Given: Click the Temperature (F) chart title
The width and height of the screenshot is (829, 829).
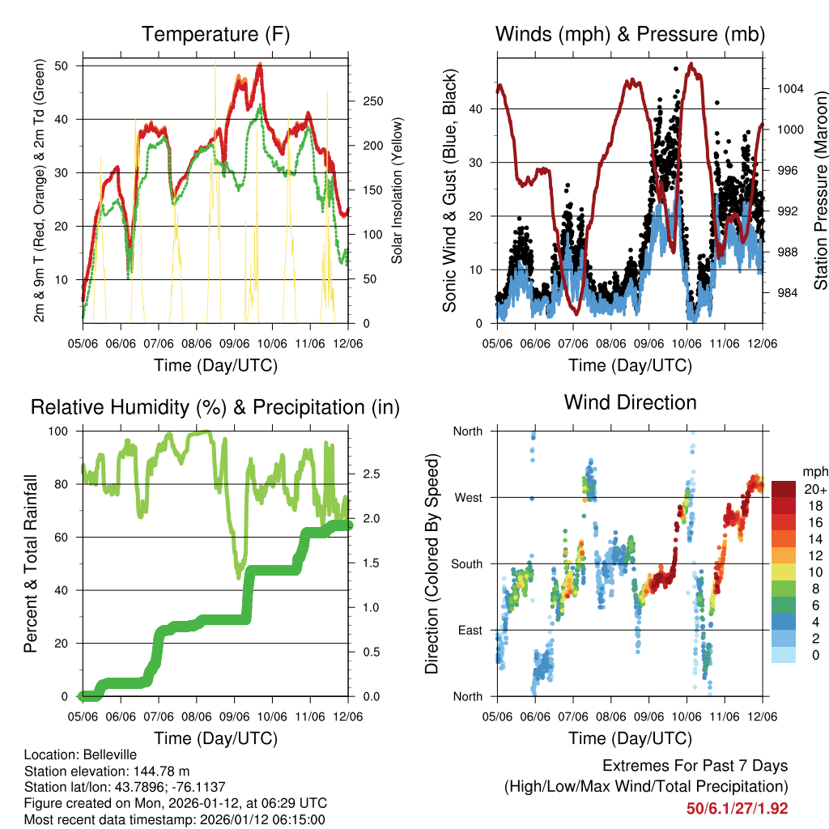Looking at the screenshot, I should pyautogui.click(x=215, y=34).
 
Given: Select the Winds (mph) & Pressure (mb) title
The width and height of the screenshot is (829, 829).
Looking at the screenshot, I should pyautogui.click(x=630, y=34).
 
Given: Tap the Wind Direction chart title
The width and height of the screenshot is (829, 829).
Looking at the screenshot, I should pyautogui.click(x=630, y=402).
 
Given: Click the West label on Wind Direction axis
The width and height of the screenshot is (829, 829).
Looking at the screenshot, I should pyautogui.click(x=467, y=497).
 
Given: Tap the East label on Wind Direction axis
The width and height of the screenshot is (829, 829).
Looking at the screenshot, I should pyautogui.click(x=469, y=630).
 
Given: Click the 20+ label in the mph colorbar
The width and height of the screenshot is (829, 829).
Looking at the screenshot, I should pyautogui.click(x=814, y=489).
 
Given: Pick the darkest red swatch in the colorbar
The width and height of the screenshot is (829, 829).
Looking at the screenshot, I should pyautogui.click(x=784, y=489).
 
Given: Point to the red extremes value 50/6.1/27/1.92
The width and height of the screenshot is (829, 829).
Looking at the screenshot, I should pyautogui.click(x=737, y=808).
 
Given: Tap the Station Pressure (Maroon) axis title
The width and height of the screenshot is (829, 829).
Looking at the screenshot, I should pyautogui.click(x=819, y=190).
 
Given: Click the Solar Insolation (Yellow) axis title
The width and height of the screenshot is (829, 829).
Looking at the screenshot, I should pyautogui.click(x=397, y=190).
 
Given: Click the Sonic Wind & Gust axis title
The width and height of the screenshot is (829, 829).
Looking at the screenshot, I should pyautogui.click(x=450, y=190).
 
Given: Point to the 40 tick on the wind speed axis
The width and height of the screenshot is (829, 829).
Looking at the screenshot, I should pyautogui.click(x=481, y=108).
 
